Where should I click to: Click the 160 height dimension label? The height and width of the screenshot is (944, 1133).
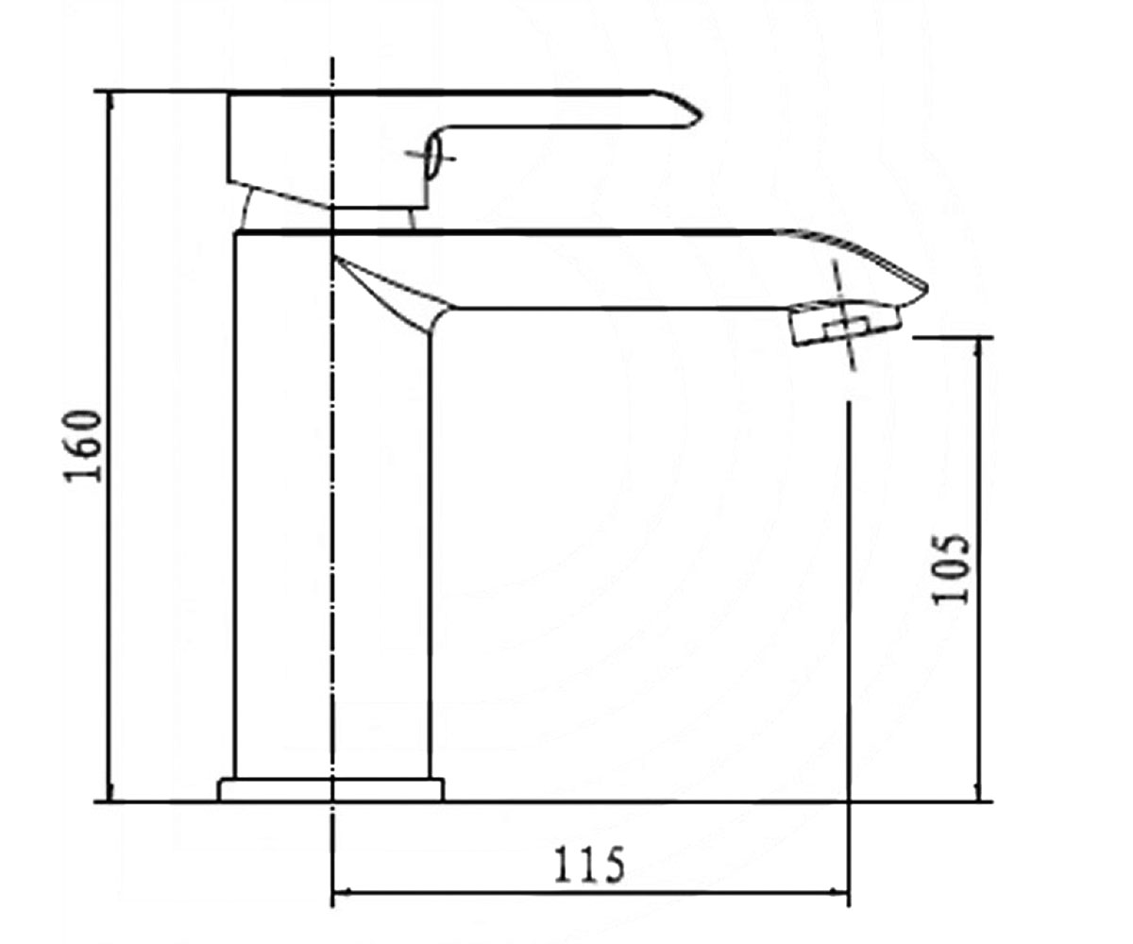pos(82,446)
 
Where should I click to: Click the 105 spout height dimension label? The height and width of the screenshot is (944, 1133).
pos(950,569)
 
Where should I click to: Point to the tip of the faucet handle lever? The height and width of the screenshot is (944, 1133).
pos(702,114)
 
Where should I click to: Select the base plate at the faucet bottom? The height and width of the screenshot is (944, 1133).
pos(331,789)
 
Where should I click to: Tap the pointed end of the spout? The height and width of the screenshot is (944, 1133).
pos(927,286)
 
